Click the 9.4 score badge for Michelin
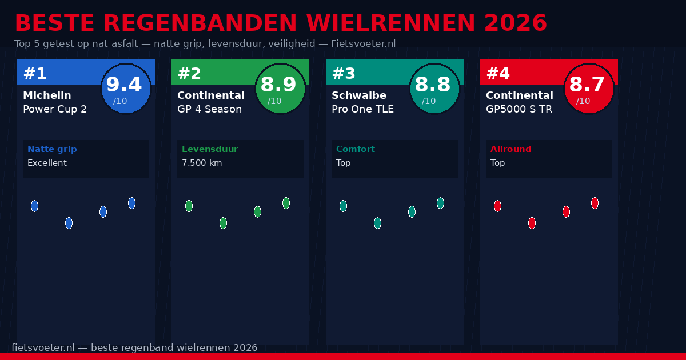126,89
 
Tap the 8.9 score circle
280,89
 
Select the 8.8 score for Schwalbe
434,89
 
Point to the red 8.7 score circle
589,89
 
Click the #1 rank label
35,74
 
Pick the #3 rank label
344,74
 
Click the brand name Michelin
47,95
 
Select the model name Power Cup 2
55,109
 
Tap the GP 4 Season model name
209,109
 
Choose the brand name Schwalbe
359,95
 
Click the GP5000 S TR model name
519,109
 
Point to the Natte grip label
52,149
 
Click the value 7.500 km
202,163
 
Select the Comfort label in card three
356,149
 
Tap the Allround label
510,149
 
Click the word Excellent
47,163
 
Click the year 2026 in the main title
515,23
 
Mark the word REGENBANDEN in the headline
201,23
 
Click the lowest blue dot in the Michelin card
69,223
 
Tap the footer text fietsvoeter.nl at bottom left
43,347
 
